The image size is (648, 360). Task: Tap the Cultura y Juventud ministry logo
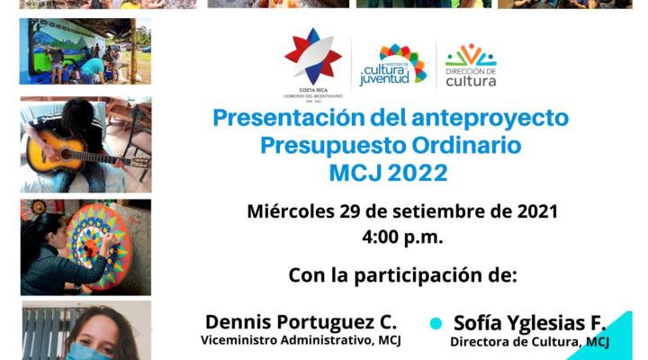(392, 65)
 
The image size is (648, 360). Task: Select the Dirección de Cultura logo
(471, 65)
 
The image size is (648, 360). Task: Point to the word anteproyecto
(490, 119)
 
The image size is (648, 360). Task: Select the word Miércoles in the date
(291, 211)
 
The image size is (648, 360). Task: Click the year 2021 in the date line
(537, 211)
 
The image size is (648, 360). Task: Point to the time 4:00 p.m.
(402, 238)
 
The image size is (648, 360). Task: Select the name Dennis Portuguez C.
(301, 322)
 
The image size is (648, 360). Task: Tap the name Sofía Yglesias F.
(530, 323)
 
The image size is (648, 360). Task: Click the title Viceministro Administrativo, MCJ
(301, 340)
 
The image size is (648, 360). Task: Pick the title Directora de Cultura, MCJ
(529, 342)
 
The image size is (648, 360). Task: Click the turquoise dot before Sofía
(436, 323)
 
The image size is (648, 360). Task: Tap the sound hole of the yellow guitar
(66, 154)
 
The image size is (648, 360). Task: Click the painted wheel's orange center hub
(91, 248)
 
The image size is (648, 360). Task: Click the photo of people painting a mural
(85, 51)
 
